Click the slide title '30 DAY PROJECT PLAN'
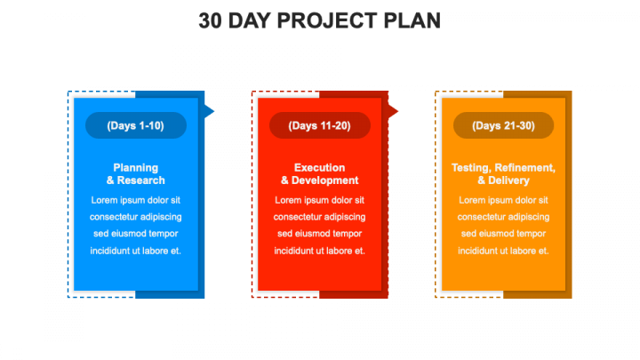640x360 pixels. click(x=320, y=20)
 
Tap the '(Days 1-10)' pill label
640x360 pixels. click(x=135, y=125)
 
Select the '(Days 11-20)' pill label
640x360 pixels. click(x=320, y=125)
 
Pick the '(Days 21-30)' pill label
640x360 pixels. click(x=503, y=125)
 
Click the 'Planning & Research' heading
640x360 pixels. click(x=135, y=174)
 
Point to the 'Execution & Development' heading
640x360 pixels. click(x=320, y=174)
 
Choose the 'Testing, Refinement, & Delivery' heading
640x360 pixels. click(x=503, y=174)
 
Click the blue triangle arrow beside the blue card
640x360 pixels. click(x=209, y=111)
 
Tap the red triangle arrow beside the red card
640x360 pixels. click(x=393, y=111)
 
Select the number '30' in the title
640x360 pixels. click(x=210, y=20)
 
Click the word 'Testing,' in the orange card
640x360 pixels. click(x=471, y=168)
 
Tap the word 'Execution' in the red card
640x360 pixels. click(x=320, y=168)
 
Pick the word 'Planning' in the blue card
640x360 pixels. click(x=135, y=168)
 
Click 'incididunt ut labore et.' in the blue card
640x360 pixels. click(x=135, y=251)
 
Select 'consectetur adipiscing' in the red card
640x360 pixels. click(x=320, y=217)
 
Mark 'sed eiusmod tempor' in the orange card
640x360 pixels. click(x=503, y=234)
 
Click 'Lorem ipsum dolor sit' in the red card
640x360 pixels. click(x=320, y=200)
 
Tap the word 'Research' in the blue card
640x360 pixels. click(x=141, y=180)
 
